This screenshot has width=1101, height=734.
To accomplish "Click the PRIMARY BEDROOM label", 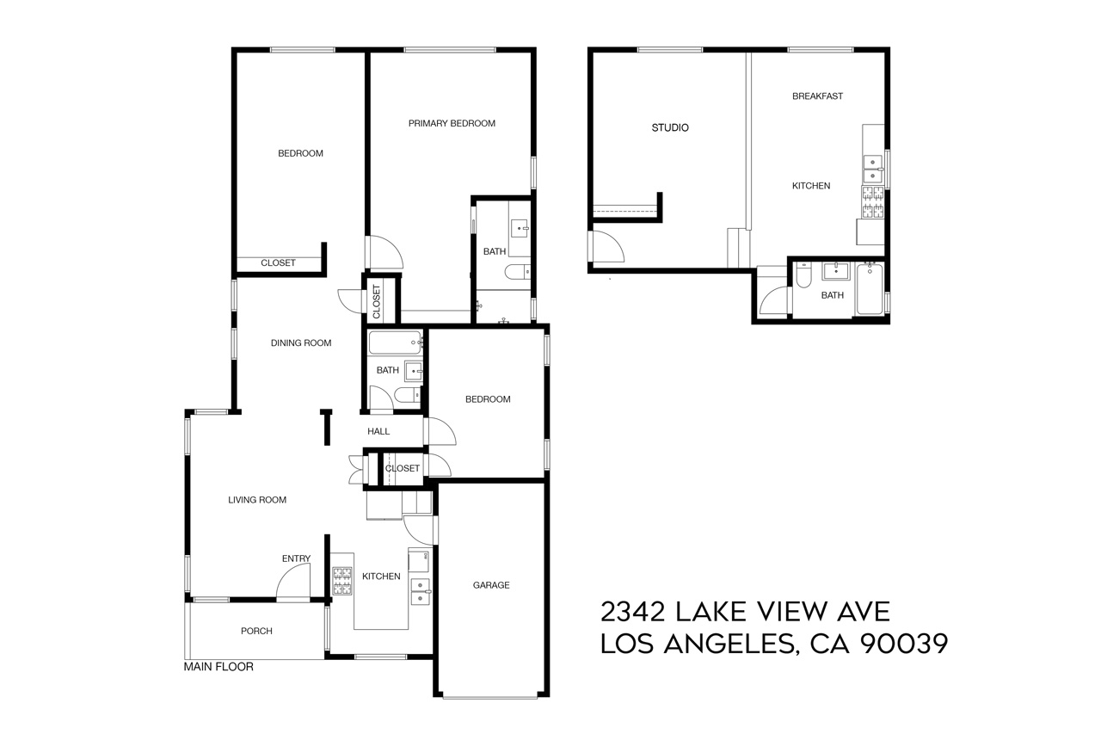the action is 452,123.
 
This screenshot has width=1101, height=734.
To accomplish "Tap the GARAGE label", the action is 491,585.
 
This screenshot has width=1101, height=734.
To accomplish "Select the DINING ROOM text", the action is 301,343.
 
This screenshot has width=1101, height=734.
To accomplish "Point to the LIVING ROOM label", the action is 257,500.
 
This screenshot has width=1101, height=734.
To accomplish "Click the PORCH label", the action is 256,631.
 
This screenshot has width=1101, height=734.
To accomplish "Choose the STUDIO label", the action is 670,128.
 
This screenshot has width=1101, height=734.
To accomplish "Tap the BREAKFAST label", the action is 817,96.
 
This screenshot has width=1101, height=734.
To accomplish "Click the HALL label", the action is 378,432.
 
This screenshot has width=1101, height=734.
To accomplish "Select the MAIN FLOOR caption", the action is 218,667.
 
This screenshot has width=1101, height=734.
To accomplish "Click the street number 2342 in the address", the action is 632,612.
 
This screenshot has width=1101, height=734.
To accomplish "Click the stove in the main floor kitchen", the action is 342,581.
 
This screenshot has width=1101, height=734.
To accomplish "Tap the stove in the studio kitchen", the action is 872,202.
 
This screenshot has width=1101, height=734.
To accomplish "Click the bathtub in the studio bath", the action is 869,288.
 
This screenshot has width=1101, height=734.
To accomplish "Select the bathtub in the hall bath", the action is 395,342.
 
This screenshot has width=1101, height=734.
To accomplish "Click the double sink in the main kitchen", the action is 421,591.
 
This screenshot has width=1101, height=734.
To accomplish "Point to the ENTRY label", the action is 296,558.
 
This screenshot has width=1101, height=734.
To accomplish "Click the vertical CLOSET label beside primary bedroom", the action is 377,301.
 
